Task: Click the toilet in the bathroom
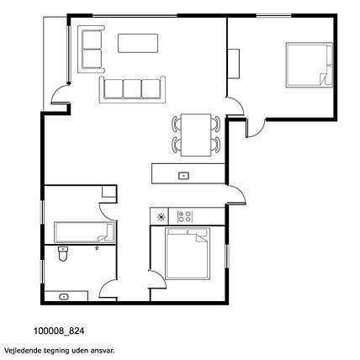tap(63, 253)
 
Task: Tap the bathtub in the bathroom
tap(84, 232)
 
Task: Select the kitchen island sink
tap(183, 176)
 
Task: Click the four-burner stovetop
tap(185, 216)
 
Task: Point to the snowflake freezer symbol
tap(161, 217)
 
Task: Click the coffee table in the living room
tap(138, 43)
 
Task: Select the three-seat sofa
tap(132, 89)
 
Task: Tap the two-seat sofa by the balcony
tap(91, 50)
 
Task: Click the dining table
tap(196, 135)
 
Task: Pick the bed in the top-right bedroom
tap(309, 65)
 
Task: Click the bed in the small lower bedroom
tap(188, 253)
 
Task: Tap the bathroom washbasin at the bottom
tap(64, 297)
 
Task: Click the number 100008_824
tap(59, 331)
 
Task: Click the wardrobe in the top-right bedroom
tap(233, 64)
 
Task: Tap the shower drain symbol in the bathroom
tap(98, 248)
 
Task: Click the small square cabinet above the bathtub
tap(109, 191)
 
